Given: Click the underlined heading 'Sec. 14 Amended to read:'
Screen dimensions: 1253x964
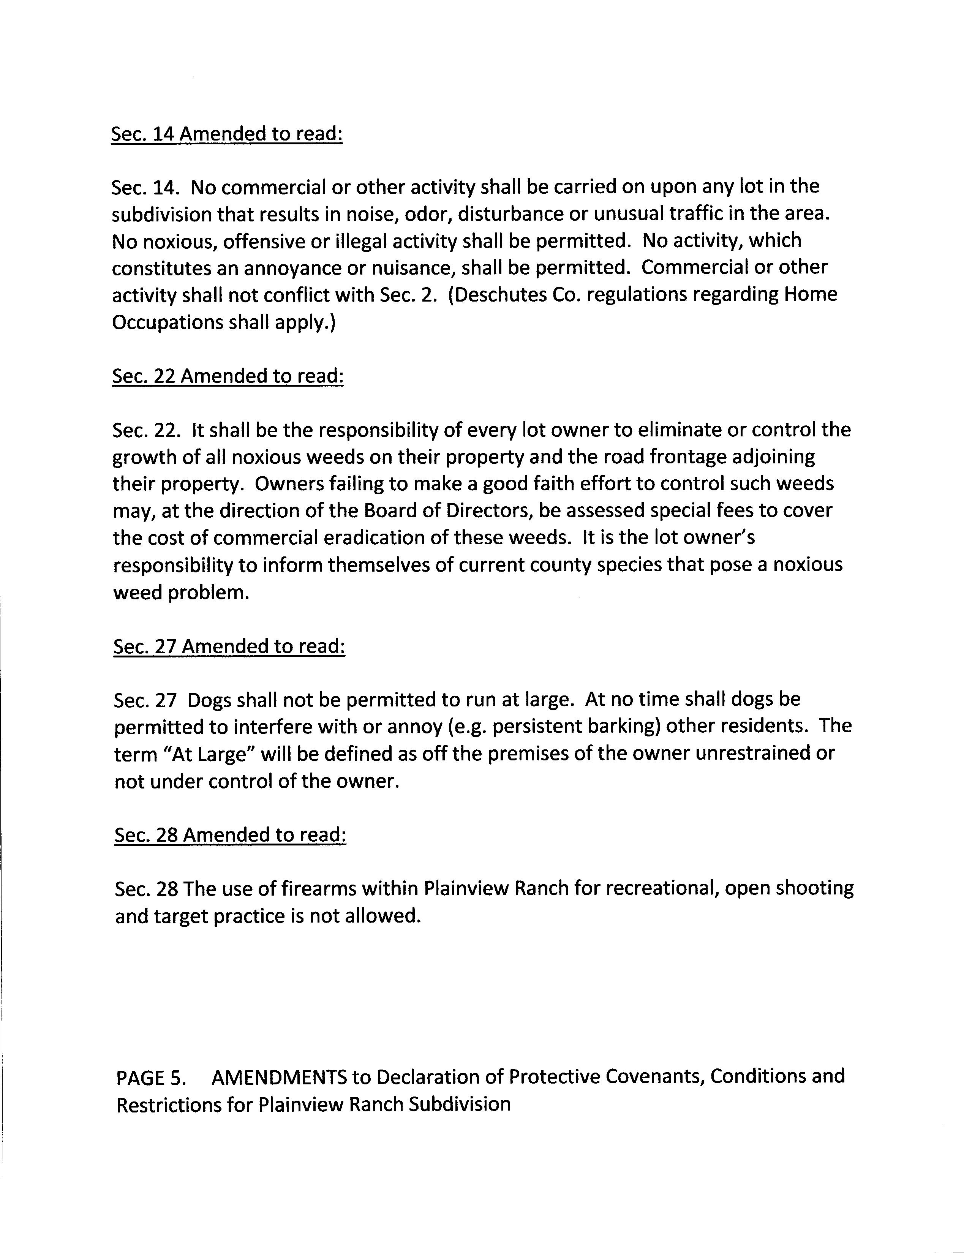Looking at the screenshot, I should click(x=227, y=134).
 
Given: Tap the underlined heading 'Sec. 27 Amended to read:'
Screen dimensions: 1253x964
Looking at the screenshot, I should click(x=229, y=646).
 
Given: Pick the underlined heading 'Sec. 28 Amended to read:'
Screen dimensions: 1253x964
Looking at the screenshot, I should click(x=230, y=835).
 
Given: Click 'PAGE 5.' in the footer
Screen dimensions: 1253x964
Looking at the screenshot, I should click(x=151, y=1078).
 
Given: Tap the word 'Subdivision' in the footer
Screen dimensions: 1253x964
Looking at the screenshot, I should click(x=460, y=1104).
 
